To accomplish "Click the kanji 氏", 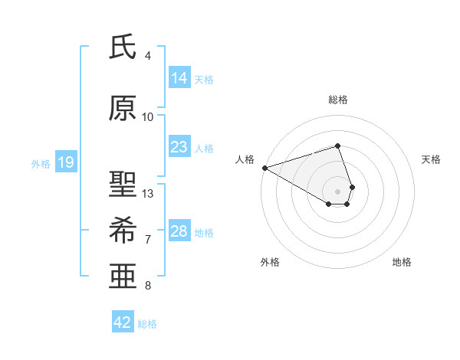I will (x=123, y=47).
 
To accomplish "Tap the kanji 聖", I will (x=123, y=185).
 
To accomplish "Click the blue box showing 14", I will (x=179, y=78).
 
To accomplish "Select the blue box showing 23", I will (x=179, y=147).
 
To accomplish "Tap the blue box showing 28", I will (x=179, y=231).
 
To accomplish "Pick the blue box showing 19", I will (x=65, y=162).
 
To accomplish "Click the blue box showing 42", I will (x=123, y=322).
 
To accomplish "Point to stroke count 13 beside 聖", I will (x=149, y=194).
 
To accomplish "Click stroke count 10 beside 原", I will (x=148, y=117).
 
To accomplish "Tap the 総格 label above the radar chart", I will (x=337, y=100).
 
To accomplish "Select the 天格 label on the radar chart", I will (x=432, y=159).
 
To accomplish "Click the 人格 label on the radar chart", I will (x=245, y=159).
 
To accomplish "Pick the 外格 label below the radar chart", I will (x=270, y=262).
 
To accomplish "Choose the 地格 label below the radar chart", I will (x=402, y=262).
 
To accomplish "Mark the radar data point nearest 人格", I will (x=264, y=167).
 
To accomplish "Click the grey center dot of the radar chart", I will (x=337, y=191).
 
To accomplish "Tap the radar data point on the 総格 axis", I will (x=337, y=146).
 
